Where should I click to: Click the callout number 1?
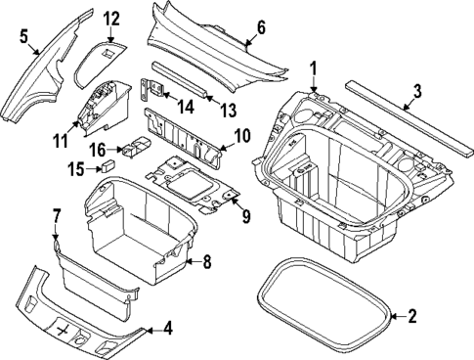[x=315, y=67]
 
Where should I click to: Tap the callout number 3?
[x=416, y=92]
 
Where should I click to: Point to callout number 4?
[x=168, y=328]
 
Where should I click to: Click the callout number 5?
[x=24, y=36]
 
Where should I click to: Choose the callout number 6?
[x=261, y=26]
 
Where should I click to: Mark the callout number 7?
[x=57, y=214]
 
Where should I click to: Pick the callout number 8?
[x=205, y=261]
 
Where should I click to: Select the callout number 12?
[x=112, y=19]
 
